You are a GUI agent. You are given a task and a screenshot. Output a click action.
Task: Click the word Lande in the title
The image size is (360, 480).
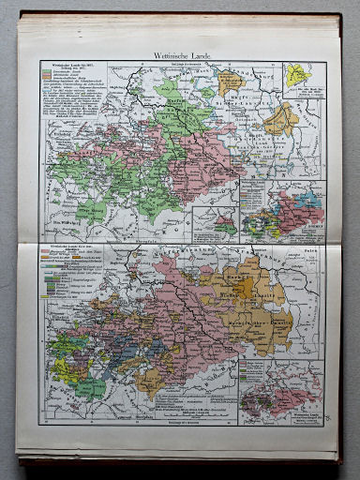click(208, 55)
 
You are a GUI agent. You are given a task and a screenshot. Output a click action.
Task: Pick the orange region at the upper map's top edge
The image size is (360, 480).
click(231, 81)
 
